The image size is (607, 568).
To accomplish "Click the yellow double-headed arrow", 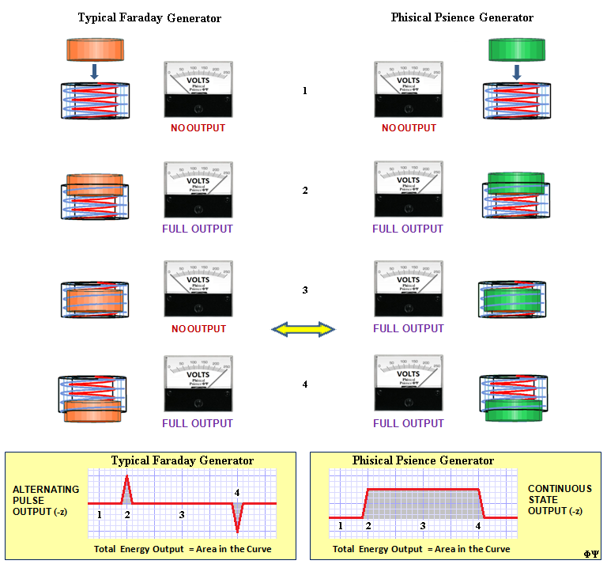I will click(x=303, y=328).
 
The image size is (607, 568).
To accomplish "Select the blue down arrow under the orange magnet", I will click(x=94, y=71).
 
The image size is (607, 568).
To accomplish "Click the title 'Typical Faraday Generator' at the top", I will click(x=149, y=17).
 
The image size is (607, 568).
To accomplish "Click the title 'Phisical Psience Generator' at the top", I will click(x=462, y=17).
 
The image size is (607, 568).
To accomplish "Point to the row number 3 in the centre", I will click(x=304, y=290).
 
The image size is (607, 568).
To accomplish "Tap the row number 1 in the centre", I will click(x=304, y=91).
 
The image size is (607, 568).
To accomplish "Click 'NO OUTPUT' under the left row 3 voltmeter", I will click(x=198, y=328).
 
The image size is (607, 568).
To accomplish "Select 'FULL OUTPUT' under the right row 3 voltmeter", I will click(x=408, y=328).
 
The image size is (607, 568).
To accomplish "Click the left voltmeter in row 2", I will click(x=198, y=190).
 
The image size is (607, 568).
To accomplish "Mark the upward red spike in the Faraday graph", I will click(x=128, y=489).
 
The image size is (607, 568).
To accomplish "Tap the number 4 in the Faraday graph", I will click(x=237, y=493).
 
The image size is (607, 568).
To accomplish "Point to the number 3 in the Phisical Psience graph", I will click(x=423, y=525).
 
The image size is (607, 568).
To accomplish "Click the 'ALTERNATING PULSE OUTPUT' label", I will click(x=46, y=500).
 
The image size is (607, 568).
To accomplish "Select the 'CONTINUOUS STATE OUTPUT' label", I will click(x=559, y=500).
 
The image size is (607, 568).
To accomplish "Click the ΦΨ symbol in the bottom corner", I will click(x=591, y=554).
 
